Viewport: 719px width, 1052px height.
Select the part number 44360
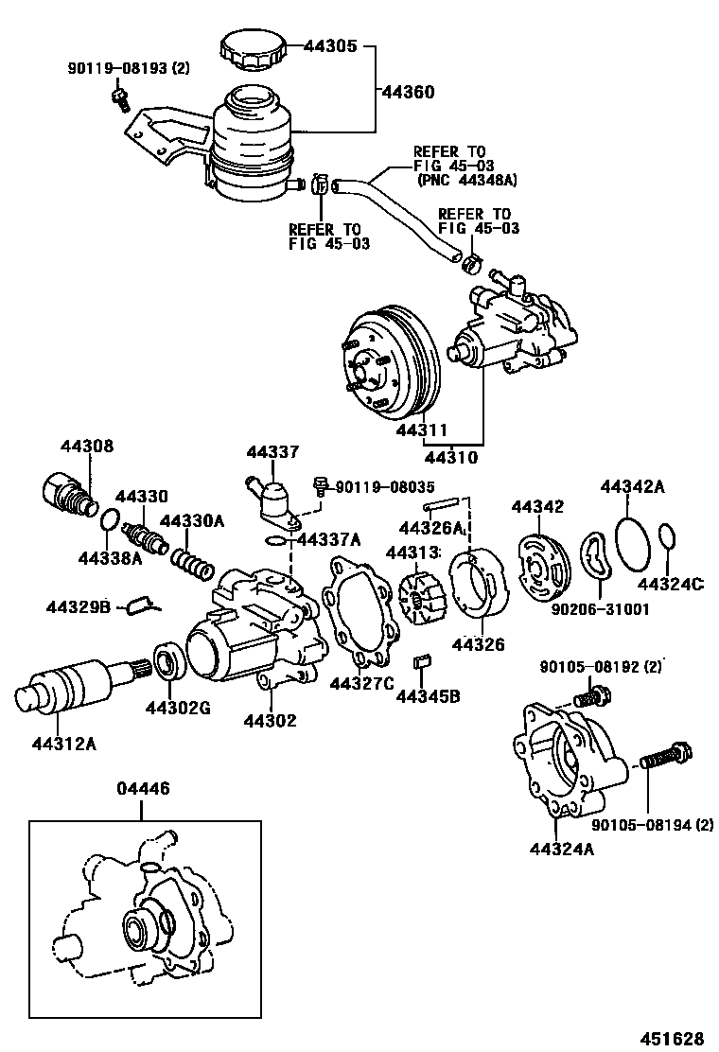(x=408, y=92)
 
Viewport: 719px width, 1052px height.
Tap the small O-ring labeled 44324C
(x=667, y=536)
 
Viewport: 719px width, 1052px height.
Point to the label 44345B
(x=428, y=697)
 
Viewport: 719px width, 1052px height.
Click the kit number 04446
(x=143, y=788)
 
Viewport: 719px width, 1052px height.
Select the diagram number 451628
(x=675, y=1036)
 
